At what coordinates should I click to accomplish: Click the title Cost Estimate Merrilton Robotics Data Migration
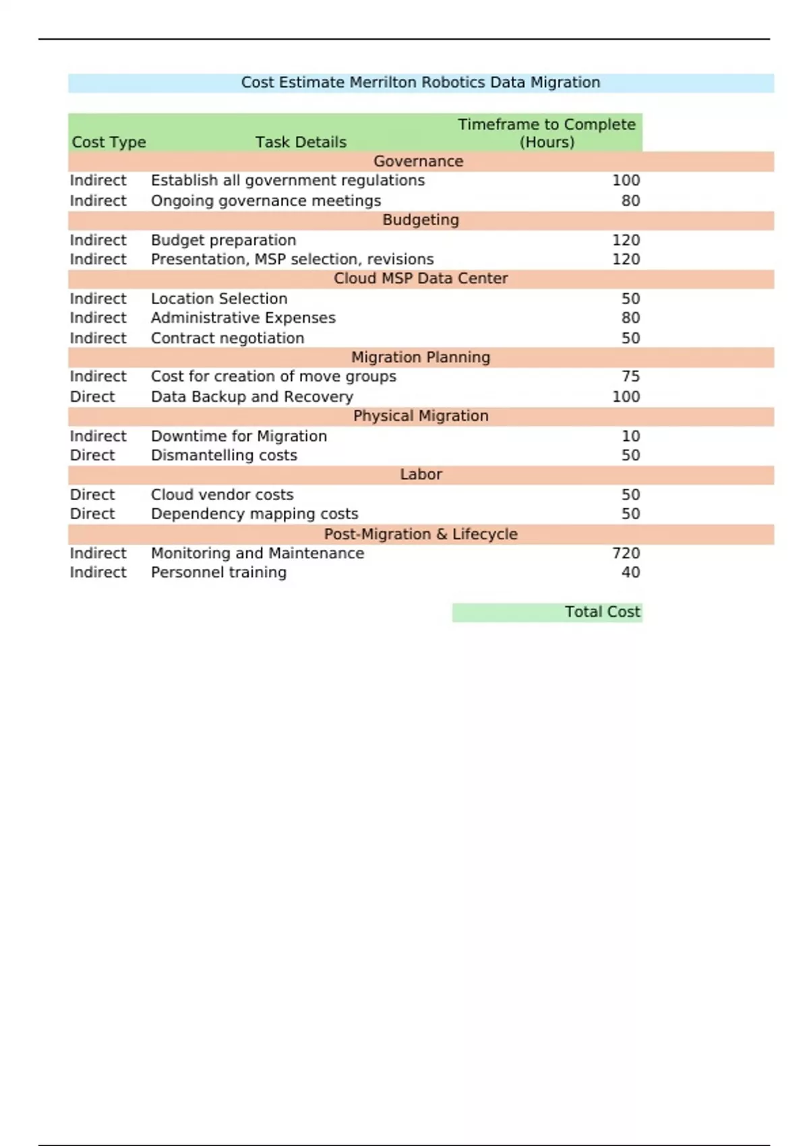(420, 82)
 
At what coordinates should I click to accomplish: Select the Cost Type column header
(109, 142)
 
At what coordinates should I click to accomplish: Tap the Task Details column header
(301, 142)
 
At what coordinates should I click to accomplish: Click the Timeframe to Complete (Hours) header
(547, 133)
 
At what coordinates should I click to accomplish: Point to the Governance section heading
(418, 161)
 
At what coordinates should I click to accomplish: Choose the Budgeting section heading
(420, 220)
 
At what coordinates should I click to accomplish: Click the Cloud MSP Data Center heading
(420, 278)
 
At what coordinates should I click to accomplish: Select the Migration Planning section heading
(420, 357)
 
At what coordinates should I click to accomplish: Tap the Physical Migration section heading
(420, 416)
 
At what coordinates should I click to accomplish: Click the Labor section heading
(420, 475)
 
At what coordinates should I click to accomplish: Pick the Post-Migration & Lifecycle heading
(420, 534)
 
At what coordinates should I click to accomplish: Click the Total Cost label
(602, 611)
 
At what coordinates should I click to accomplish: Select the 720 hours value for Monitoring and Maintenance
(626, 553)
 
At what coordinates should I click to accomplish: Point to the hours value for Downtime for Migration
(630, 436)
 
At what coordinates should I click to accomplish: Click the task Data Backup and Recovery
(251, 396)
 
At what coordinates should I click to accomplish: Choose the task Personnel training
(218, 572)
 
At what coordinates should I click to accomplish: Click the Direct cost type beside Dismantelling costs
(92, 455)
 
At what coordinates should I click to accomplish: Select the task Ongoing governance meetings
(266, 201)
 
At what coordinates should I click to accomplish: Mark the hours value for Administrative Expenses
(630, 318)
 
